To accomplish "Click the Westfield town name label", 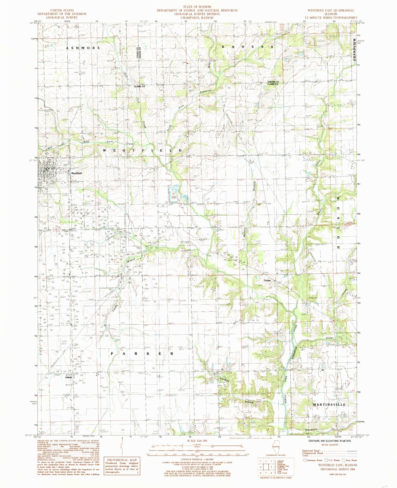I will [x=76, y=173].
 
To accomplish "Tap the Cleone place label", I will [x=267, y=280].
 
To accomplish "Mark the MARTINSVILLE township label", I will [x=329, y=405].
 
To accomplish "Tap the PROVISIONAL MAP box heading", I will [x=122, y=460].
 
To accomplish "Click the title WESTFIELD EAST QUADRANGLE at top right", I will [x=330, y=10].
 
